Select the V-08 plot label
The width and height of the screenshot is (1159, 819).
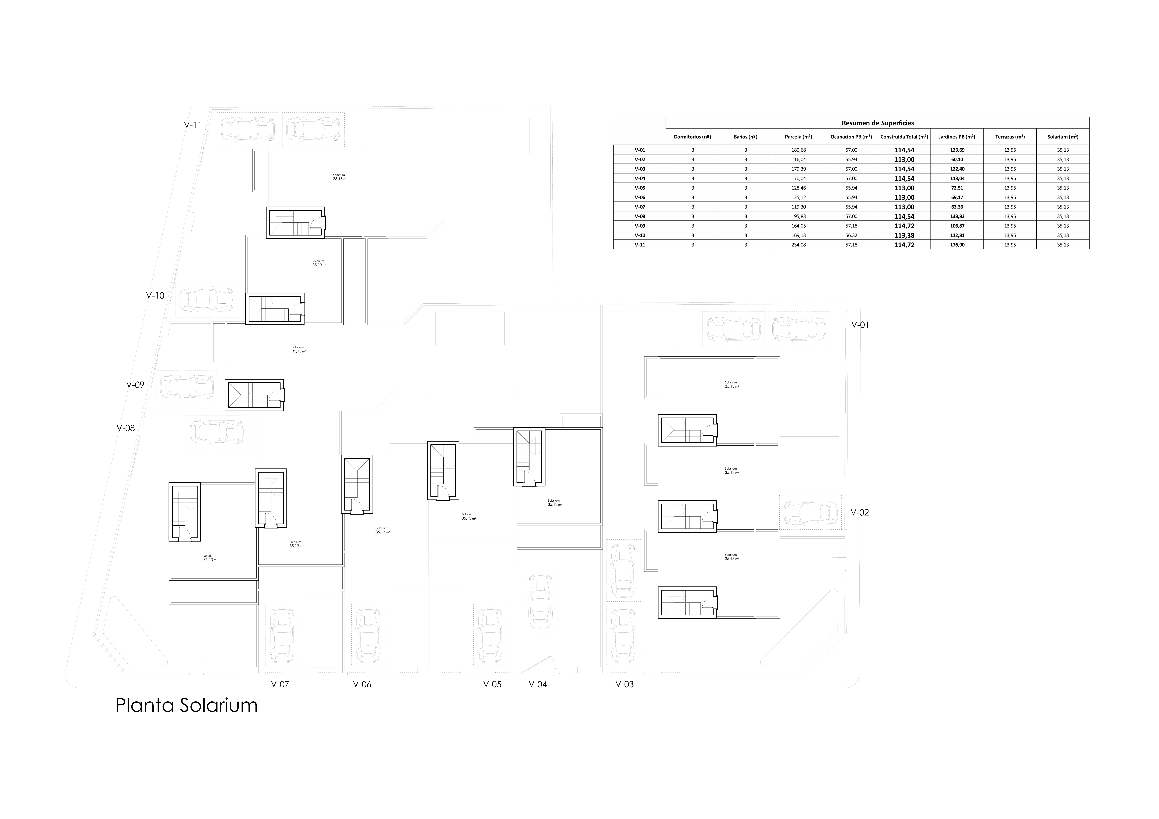click(126, 428)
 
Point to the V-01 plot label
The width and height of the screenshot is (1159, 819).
click(860, 325)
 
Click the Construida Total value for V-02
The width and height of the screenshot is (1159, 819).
click(904, 159)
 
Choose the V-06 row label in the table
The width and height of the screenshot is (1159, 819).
click(640, 197)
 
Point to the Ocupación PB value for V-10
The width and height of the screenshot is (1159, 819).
click(851, 235)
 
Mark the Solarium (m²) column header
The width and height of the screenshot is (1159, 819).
click(1063, 137)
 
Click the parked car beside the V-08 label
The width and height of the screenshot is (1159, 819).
click(216, 432)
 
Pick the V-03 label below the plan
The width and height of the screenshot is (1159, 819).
click(624, 685)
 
